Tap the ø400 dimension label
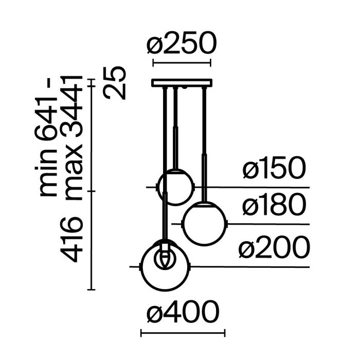pos(183,313)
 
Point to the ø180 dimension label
pos(274,206)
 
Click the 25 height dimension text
pos(115,82)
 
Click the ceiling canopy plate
pos(182,82)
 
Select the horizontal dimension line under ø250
pos(182,64)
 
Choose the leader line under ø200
pos(252,267)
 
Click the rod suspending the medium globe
pos(205,144)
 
